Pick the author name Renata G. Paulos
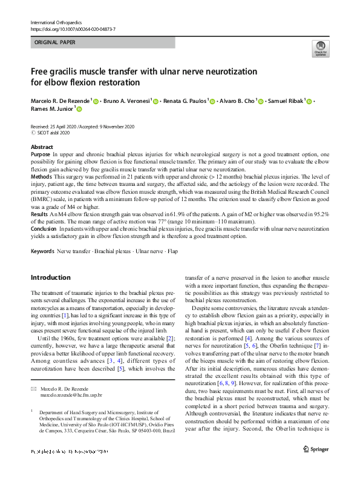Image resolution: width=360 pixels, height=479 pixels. click(x=183, y=101)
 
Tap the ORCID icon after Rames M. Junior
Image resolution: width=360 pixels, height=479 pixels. click(x=78, y=109)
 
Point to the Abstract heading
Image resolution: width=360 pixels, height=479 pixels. click(x=41, y=147)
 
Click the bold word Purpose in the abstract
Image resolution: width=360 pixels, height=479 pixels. click(x=41, y=155)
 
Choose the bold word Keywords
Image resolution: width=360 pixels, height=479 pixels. click(x=42, y=250)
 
